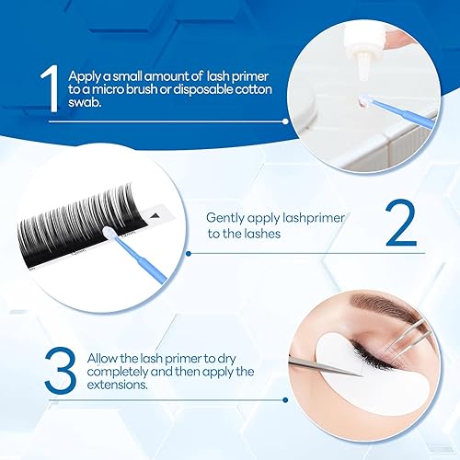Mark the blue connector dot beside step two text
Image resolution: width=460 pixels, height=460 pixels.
[188, 251]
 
